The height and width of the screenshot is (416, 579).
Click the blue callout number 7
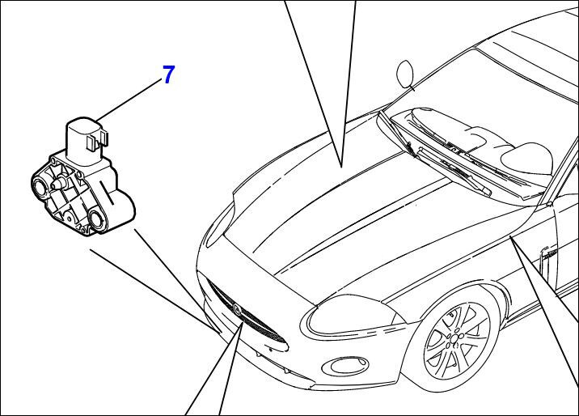tap(168, 75)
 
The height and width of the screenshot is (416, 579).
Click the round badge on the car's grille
tap(236, 308)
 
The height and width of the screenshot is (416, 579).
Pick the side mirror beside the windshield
tap(404, 74)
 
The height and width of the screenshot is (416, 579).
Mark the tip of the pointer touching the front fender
tap(513, 240)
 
